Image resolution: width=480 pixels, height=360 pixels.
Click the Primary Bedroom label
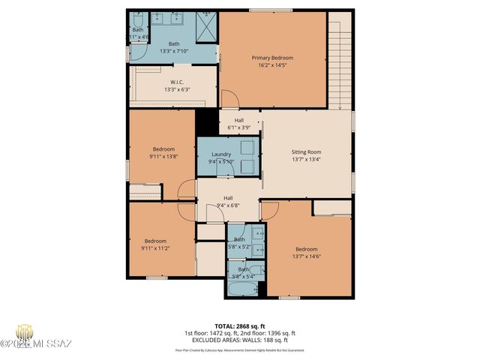(x=271, y=58)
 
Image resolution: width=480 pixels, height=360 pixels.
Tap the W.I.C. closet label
(x=177, y=82)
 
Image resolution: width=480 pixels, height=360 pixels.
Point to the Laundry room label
(x=220, y=154)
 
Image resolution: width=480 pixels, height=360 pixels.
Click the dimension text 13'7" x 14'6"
(x=306, y=256)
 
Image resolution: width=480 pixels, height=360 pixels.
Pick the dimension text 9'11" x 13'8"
(x=163, y=156)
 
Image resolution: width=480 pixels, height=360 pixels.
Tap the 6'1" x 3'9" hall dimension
(x=238, y=127)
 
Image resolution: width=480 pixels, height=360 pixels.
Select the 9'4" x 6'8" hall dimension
(x=227, y=205)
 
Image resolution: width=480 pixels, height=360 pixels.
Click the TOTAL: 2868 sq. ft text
(x=239, y=326)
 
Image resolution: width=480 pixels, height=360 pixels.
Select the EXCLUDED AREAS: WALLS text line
(x=239, y=340)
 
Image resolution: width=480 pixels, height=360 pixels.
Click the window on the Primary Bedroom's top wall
(x=271, y=10)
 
